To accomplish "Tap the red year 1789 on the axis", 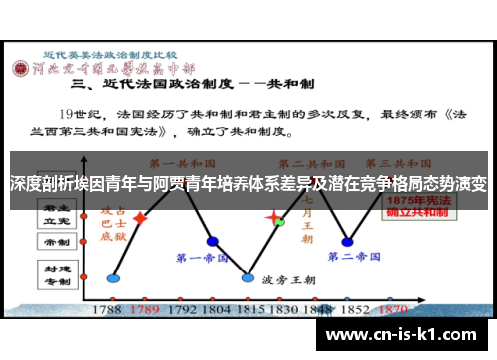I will [146, 309].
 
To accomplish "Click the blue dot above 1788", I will [113, 277].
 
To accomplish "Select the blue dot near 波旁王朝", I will [248, 277].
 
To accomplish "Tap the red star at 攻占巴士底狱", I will [141, 217].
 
